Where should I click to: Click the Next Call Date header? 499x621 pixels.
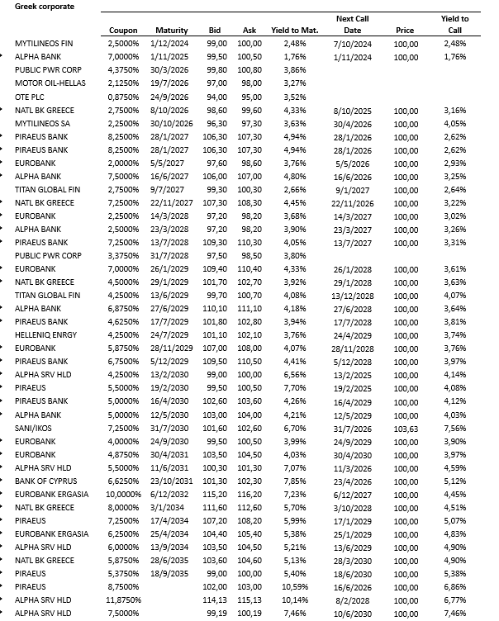353,23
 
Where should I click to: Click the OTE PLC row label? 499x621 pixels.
30,96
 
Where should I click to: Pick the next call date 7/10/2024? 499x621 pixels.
353,42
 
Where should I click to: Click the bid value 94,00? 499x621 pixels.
217,96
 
